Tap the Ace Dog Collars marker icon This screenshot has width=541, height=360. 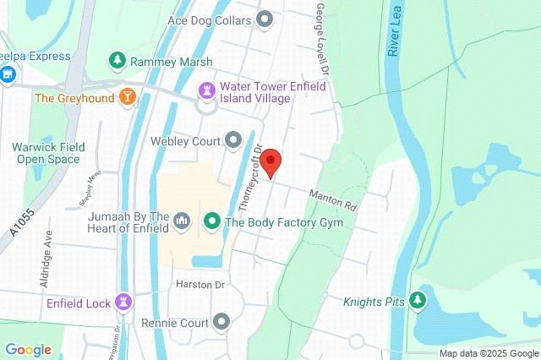pyautogui.click(x=265, y=18)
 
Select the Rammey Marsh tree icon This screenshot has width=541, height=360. pyautogui.click(x=117, y=61)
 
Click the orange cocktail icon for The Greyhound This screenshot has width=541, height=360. pyautogui.click(x=126, y=96)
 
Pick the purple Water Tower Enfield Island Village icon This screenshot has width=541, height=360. pyautogui.click(x=206, y=90)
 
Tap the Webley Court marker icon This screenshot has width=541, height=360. pyautogui.click(x=233, y=140)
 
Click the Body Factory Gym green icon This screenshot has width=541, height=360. pyautogui.click(x=212, y=223)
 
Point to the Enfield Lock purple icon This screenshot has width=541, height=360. pyautogui.click(x=124, y=302)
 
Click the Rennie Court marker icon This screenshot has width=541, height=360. pyautogui.click(x=222, y=321)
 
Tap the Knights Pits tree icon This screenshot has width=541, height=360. pyautogui.click(x=416, y=301)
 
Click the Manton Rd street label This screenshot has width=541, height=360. pyautogui.click(x=334, y=199)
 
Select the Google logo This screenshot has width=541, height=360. pyautogui.click(x=28, y=350)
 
